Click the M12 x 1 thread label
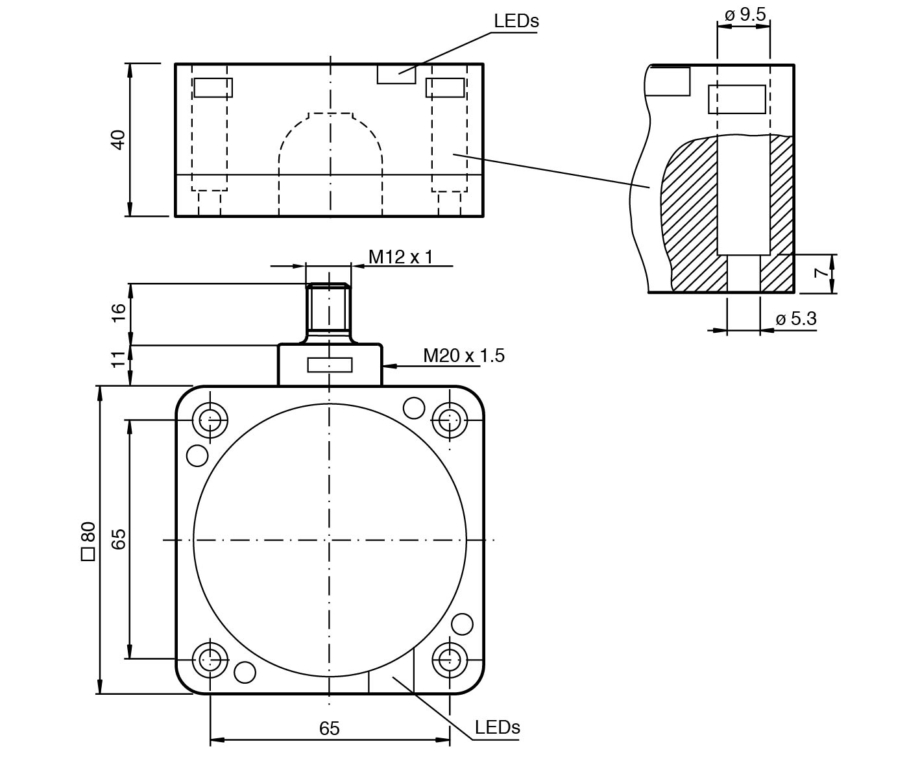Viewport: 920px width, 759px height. (x=400, y=257)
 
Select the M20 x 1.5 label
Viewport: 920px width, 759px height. (x=463, y=355)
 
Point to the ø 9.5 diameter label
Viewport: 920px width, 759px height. (x=745, y=14)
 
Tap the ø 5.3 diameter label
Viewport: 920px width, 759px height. (x=796, y=319)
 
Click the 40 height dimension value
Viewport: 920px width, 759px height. (x=118, y=139)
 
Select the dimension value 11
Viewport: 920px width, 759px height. (x=118, y=359)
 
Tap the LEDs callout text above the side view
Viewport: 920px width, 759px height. (x=516, y=21)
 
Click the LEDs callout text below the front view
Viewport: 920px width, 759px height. (x=497, y=727)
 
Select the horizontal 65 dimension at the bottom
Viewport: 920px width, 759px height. (x=329, y=729)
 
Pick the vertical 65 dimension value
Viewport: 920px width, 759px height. (x=118, y=539)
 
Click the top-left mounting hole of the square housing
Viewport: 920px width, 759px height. (x=210, y=420)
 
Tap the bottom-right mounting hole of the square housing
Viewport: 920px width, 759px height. (x=450, y=660)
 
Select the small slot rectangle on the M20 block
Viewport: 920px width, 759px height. (x=330, y=366)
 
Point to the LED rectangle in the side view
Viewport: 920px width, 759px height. (x=396, y=74)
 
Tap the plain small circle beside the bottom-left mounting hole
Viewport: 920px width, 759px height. (x=245, y=672)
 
